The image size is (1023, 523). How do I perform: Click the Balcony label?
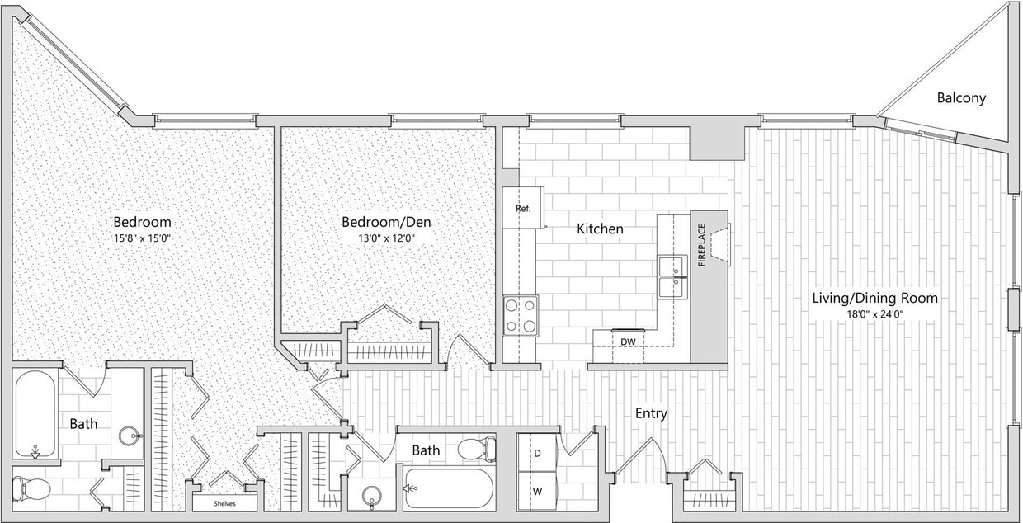[961, 98]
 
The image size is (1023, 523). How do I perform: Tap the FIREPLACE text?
[702, 245]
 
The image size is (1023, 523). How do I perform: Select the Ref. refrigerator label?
[523, 209]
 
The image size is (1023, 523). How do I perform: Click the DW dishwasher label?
[628, 341]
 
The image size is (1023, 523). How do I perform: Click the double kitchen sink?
[672, 277]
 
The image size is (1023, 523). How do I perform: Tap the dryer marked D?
[537, 454]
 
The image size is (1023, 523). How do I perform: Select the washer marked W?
[537, 492]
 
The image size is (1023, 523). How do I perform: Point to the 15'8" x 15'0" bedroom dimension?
[142, 238]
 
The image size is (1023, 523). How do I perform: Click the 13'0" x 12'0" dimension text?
[386, 238]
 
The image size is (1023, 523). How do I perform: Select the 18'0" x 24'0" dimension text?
[874, 314]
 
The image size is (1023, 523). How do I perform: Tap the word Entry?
[651, 413]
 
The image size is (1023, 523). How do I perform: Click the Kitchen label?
[600, 229]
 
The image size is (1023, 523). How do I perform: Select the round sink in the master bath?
[130, 435]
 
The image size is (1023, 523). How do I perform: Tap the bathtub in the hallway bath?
[450, 488]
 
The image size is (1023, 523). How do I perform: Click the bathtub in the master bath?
[35, 414]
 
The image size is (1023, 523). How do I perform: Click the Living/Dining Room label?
[874, 298]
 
